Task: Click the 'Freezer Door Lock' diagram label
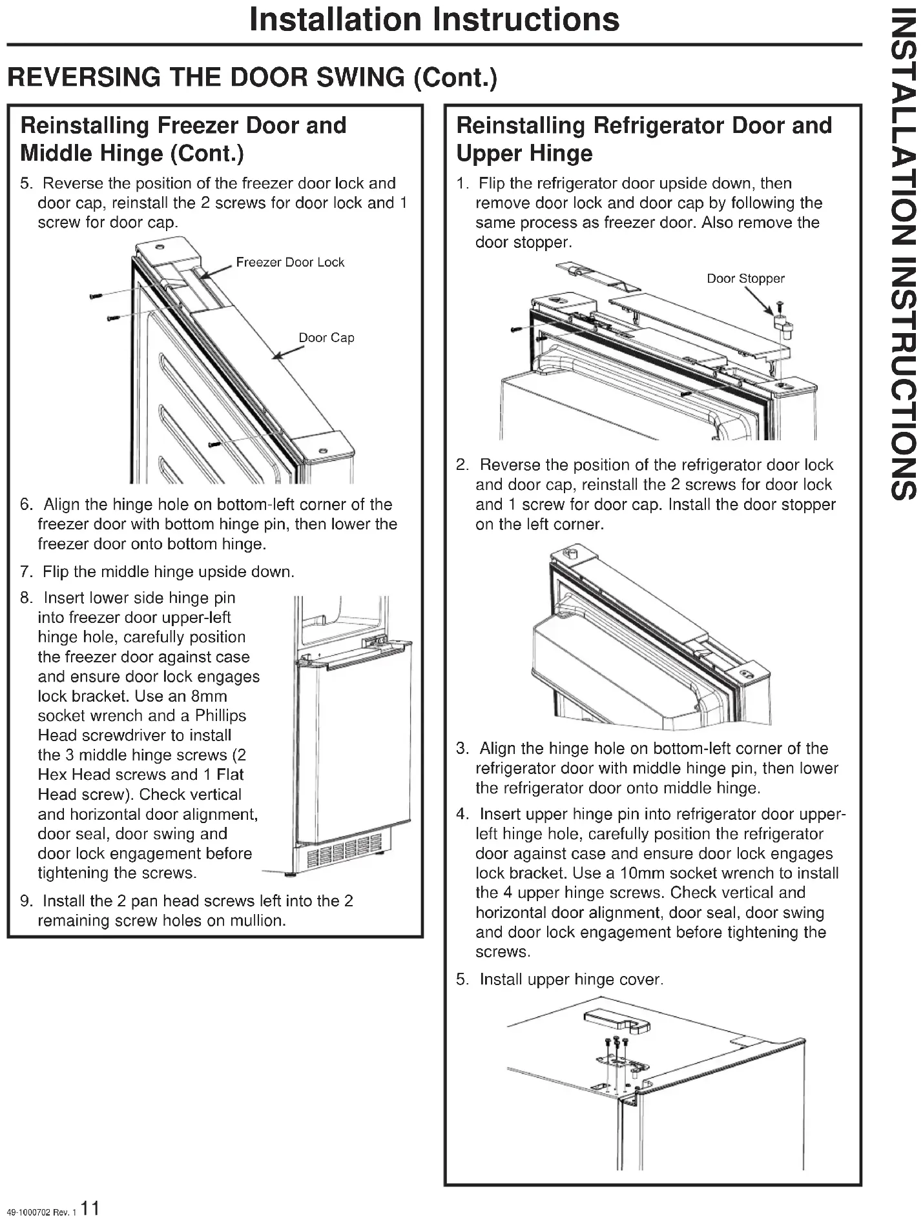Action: [x=290, y=262]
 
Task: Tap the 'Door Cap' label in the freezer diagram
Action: [x=326, y=338]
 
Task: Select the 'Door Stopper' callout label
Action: [x=745, y=279]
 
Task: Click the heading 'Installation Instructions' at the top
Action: [x=434, y=19]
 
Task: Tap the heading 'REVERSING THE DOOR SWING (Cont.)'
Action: [x=253, y=77]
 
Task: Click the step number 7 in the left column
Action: [x=26, y=572]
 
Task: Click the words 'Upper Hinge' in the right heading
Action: [x=524, y=153]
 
